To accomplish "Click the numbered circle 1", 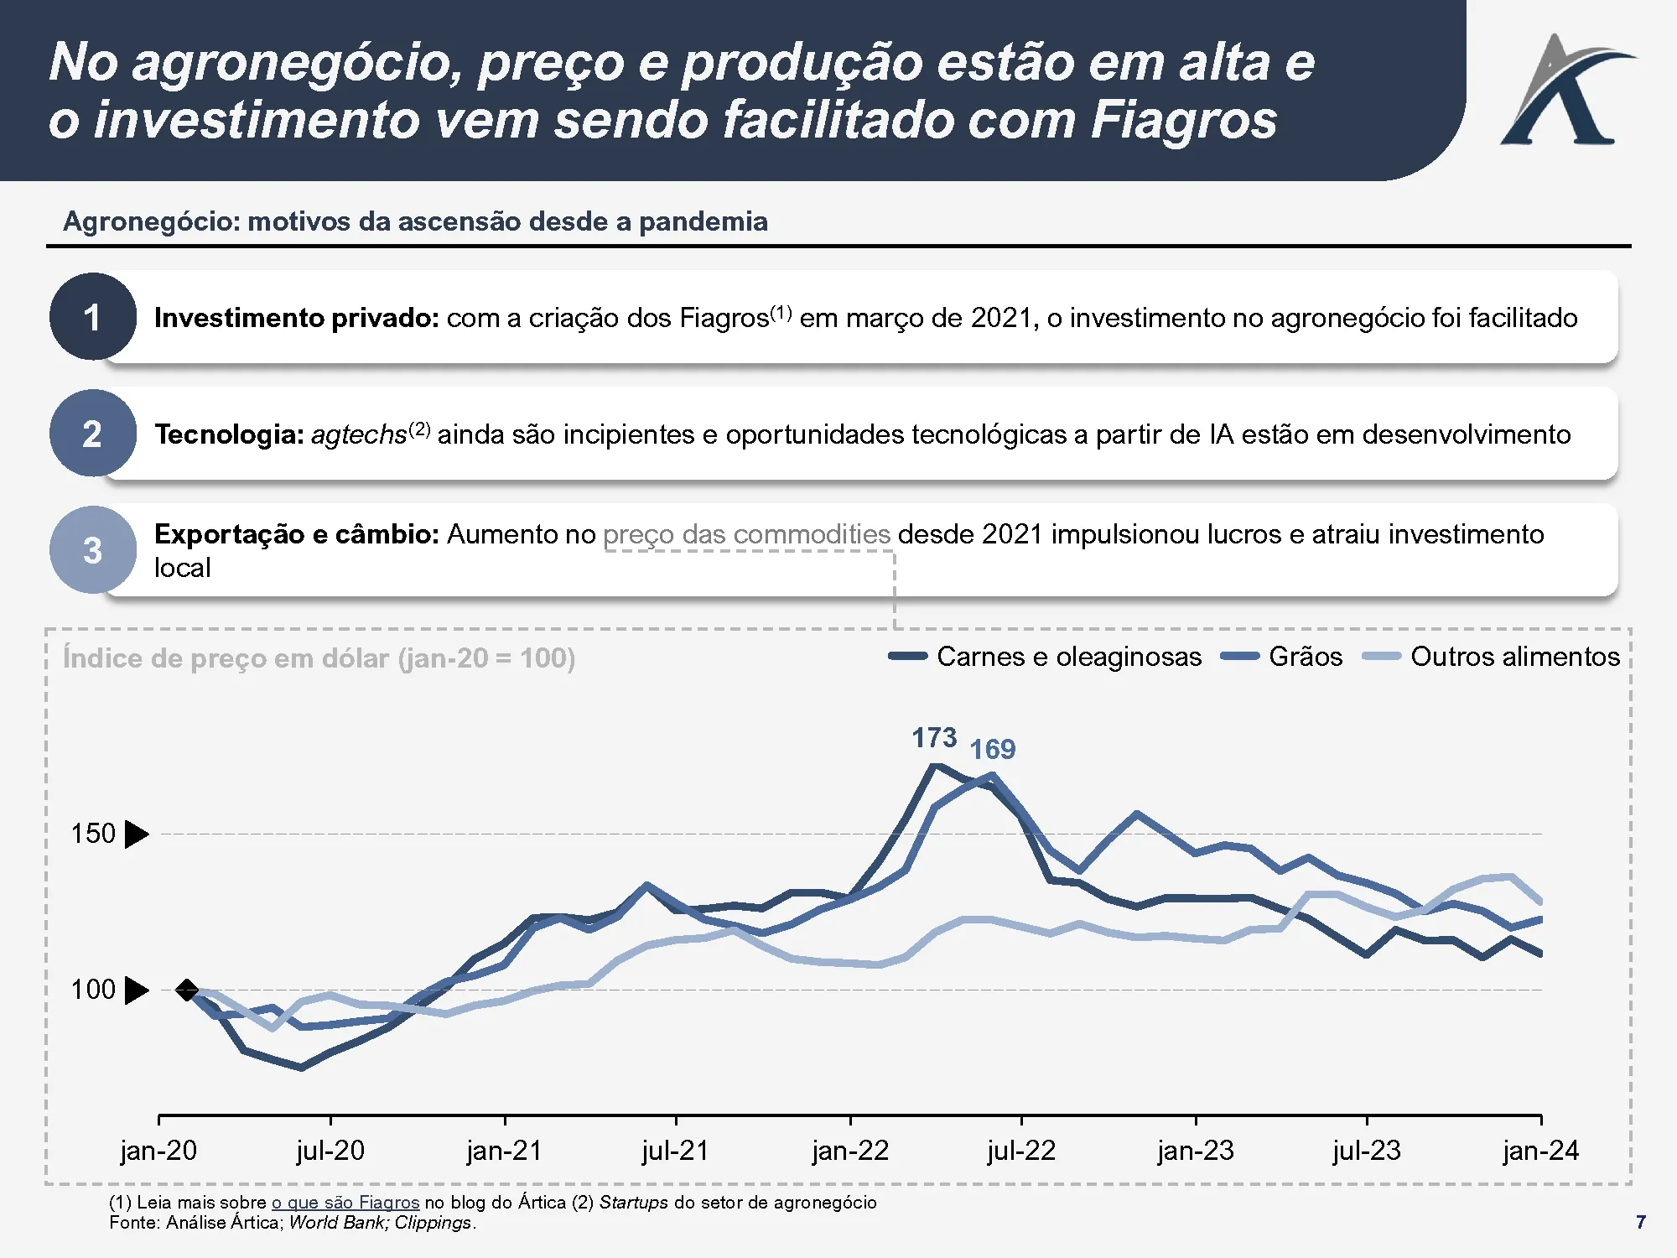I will click(92, 317).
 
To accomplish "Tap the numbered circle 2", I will click(92, 434).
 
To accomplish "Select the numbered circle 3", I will click(92, 550).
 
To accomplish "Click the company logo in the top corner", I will click(1566, 91).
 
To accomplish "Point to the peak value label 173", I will click(934, 738).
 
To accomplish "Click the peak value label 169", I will click(992, 749).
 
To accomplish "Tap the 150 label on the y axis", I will click(93, 834).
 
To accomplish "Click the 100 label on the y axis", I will click(93, 990).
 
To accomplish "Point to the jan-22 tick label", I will click(850, 1151).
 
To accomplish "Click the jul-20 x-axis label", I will click(330, 1151).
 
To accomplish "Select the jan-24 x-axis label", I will click(1540, 1151).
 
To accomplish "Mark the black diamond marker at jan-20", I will click(187, 990).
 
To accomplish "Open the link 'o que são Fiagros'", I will click(345, 1203).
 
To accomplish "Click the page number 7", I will click(1641, 1222).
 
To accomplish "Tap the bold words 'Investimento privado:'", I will click(297, 318).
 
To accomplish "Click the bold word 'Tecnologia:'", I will click(229, 434).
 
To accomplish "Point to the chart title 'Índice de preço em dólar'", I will click(319, 658).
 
